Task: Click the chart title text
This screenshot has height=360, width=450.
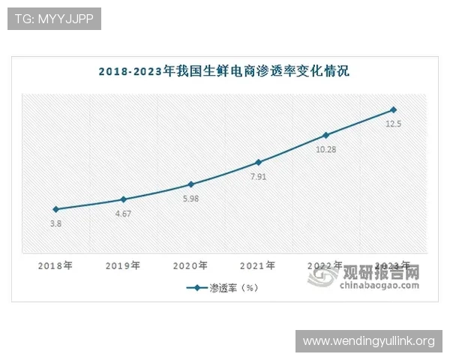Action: tap(224, 72)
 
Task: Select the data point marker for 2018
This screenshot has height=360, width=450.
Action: tap(55, 209)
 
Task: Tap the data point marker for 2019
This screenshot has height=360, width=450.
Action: tap(123, 199)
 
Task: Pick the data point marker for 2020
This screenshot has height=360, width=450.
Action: tap(190, 184)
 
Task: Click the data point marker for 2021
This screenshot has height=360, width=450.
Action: tap(258, 162)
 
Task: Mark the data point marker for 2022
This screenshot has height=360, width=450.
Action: tap(325, 135)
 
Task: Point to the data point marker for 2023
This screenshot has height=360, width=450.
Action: tap(393, 109)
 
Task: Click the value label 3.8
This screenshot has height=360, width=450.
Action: tap(55, 223)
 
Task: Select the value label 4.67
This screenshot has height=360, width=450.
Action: tap(123, 214)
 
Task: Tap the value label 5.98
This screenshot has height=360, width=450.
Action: tap(190, 199)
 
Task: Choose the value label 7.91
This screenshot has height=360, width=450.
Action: tap(258, 176)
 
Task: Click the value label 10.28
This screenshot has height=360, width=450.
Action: tap(325, 149)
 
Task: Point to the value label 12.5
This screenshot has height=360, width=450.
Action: tap(394, 124)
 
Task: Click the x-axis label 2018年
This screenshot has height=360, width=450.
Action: tap(55, 265)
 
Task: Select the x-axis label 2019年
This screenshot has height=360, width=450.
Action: tap(123, 265)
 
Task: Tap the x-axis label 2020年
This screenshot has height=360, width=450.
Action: tap(190, 265)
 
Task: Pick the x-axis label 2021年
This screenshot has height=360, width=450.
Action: tap(258, 265)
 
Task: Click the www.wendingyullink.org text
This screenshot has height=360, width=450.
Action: tap(368, 341)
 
